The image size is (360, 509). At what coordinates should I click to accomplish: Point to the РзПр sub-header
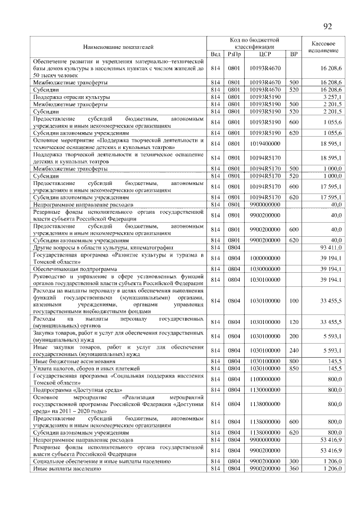pos(234,54)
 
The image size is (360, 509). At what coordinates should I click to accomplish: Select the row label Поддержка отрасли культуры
pos(71,97)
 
